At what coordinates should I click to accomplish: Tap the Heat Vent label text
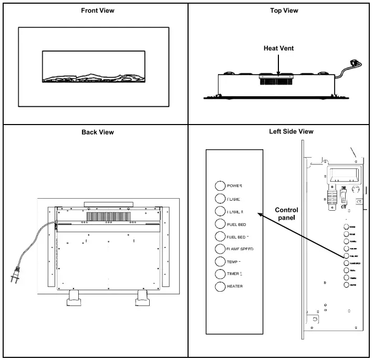tap(279, 48)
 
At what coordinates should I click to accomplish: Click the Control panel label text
tap(286, 214)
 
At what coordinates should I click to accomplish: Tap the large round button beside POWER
tap(220, 186)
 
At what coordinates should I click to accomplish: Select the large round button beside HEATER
tap(220, 286)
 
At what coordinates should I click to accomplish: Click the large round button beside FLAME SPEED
tap(220, 249)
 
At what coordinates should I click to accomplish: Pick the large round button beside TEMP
tap(220, 261)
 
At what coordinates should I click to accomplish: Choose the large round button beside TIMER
tap(220, 273)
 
